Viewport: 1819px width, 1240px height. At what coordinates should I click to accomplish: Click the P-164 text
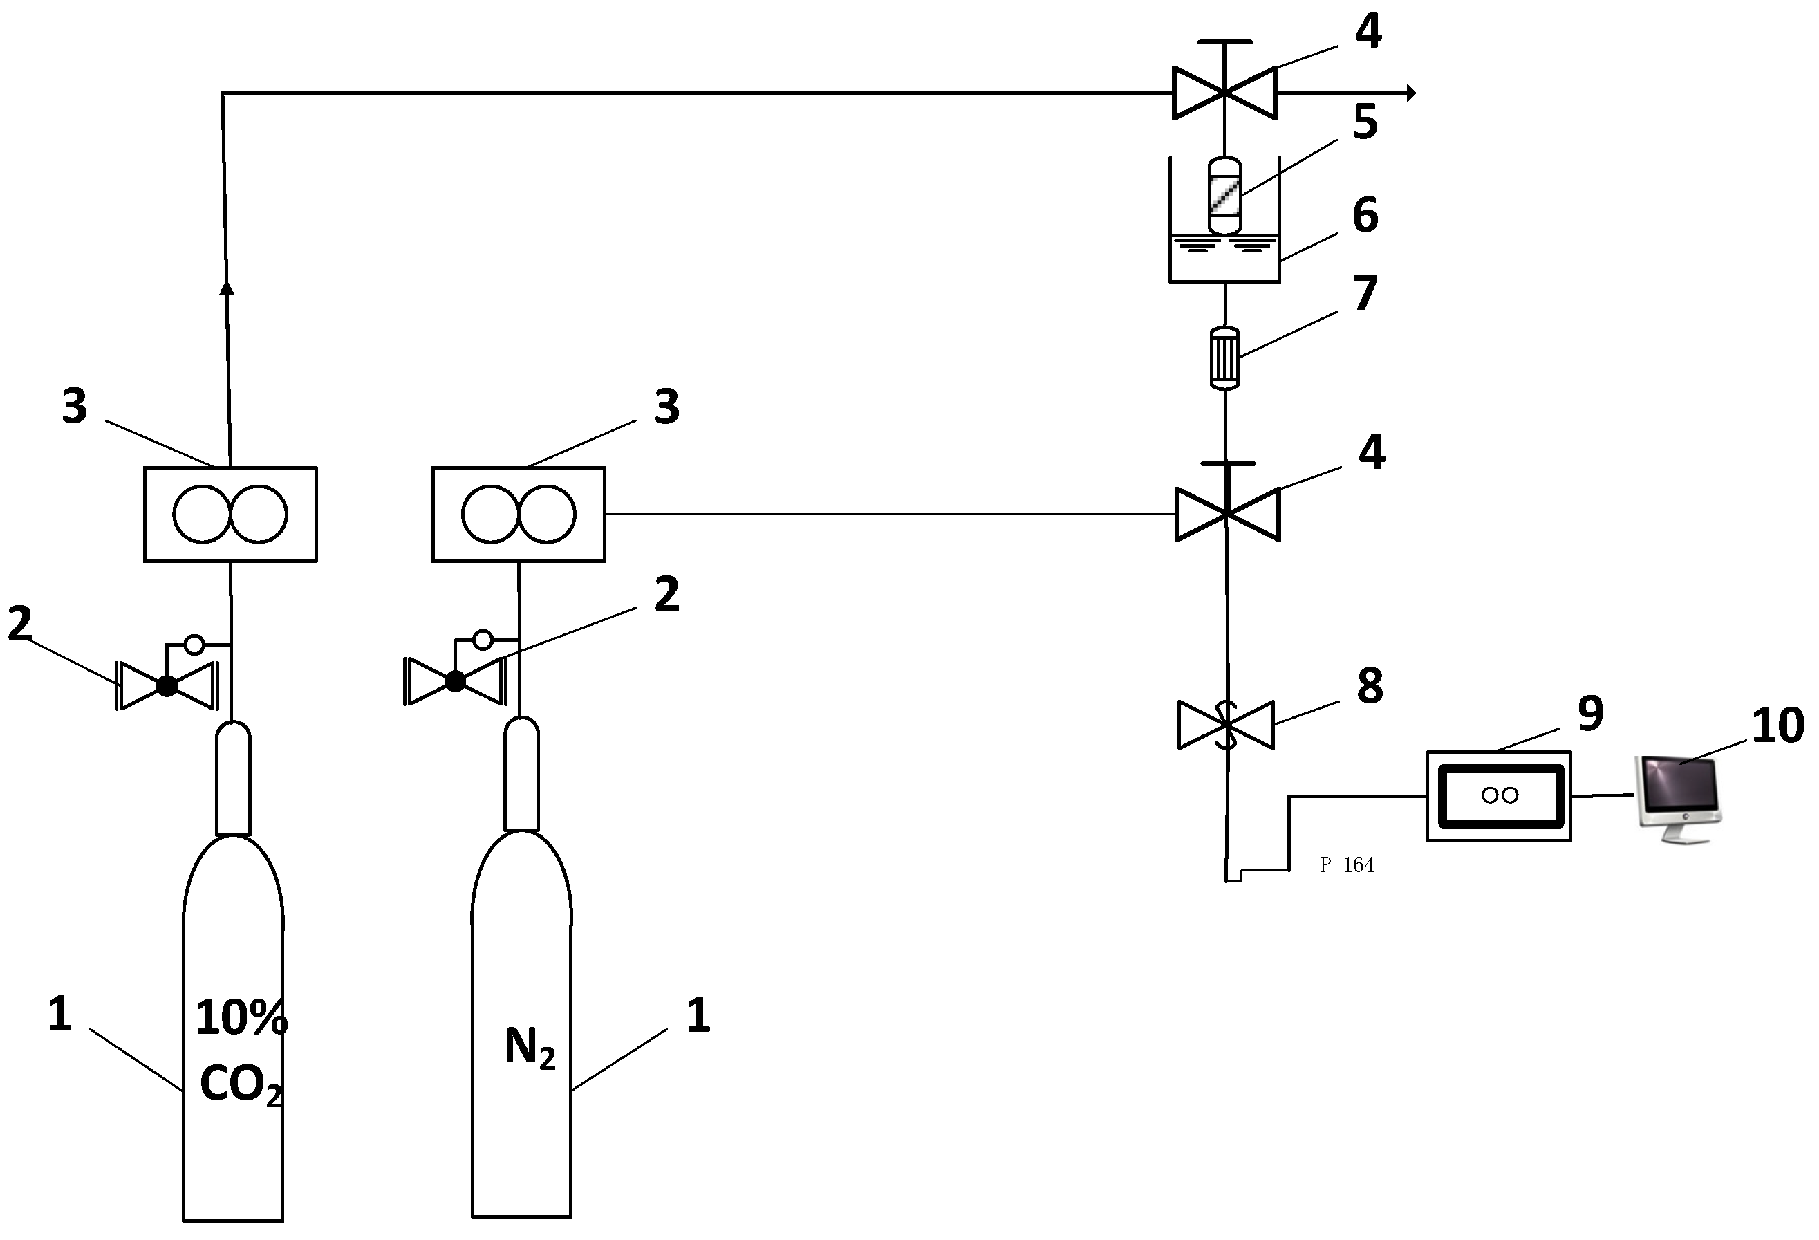1346,865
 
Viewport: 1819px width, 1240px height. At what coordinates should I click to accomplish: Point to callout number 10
1777,725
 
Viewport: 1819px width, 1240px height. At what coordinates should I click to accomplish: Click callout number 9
1590,713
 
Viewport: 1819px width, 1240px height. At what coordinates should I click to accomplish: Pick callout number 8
1369,686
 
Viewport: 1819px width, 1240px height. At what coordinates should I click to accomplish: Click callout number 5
1365,122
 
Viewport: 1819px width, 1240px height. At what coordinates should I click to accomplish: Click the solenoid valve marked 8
1226,724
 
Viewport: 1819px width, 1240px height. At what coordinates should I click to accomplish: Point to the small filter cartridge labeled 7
1224,357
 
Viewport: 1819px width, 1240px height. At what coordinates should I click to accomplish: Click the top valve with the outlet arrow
1224,93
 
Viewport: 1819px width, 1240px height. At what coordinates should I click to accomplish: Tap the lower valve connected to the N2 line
1227,515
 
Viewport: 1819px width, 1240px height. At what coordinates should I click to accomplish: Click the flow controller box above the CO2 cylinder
230,515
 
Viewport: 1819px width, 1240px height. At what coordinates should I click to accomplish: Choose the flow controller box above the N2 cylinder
518,515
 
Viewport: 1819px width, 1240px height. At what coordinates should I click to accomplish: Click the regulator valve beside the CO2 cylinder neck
167,685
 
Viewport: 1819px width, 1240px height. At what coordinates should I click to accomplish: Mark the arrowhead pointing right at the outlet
1410,93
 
